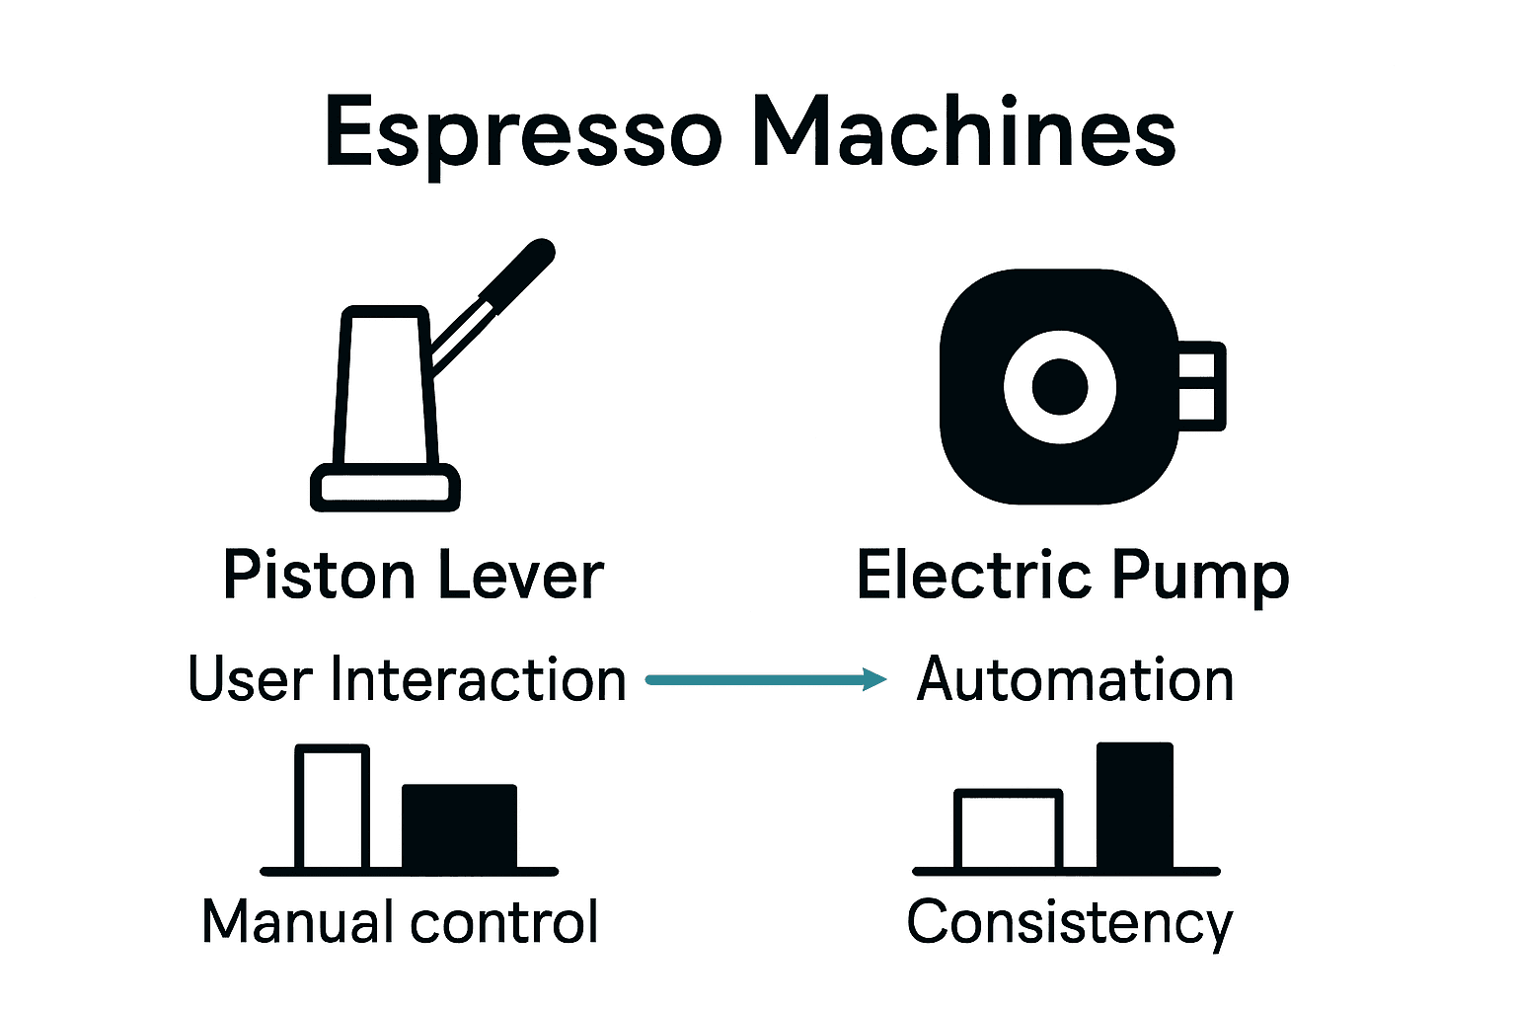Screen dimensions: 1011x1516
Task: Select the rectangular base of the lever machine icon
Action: pyautogui.click(x=385, y=488)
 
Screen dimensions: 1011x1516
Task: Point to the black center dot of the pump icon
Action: pyautogui.click(x=1060, y=386)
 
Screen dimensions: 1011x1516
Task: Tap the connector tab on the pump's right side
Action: pyautogui.click(x=1201, y=386)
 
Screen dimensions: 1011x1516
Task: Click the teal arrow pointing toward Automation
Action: pyautogui.click(x=766, y=679)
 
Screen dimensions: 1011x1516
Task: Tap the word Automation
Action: pyautogui.click(x=1075, y=680)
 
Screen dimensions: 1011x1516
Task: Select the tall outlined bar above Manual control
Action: pyautogui.click(x=333, y=807)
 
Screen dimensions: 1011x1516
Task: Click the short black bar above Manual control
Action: pyautogui.click(x=459, y=826)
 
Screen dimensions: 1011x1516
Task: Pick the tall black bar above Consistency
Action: pyautogui.click(x=1135, y=805)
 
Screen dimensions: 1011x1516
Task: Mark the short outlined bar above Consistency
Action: pyautogui.click(x=1009, y=829)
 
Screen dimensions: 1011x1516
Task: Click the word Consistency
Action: pyautogui.click(x=1069, y=923)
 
